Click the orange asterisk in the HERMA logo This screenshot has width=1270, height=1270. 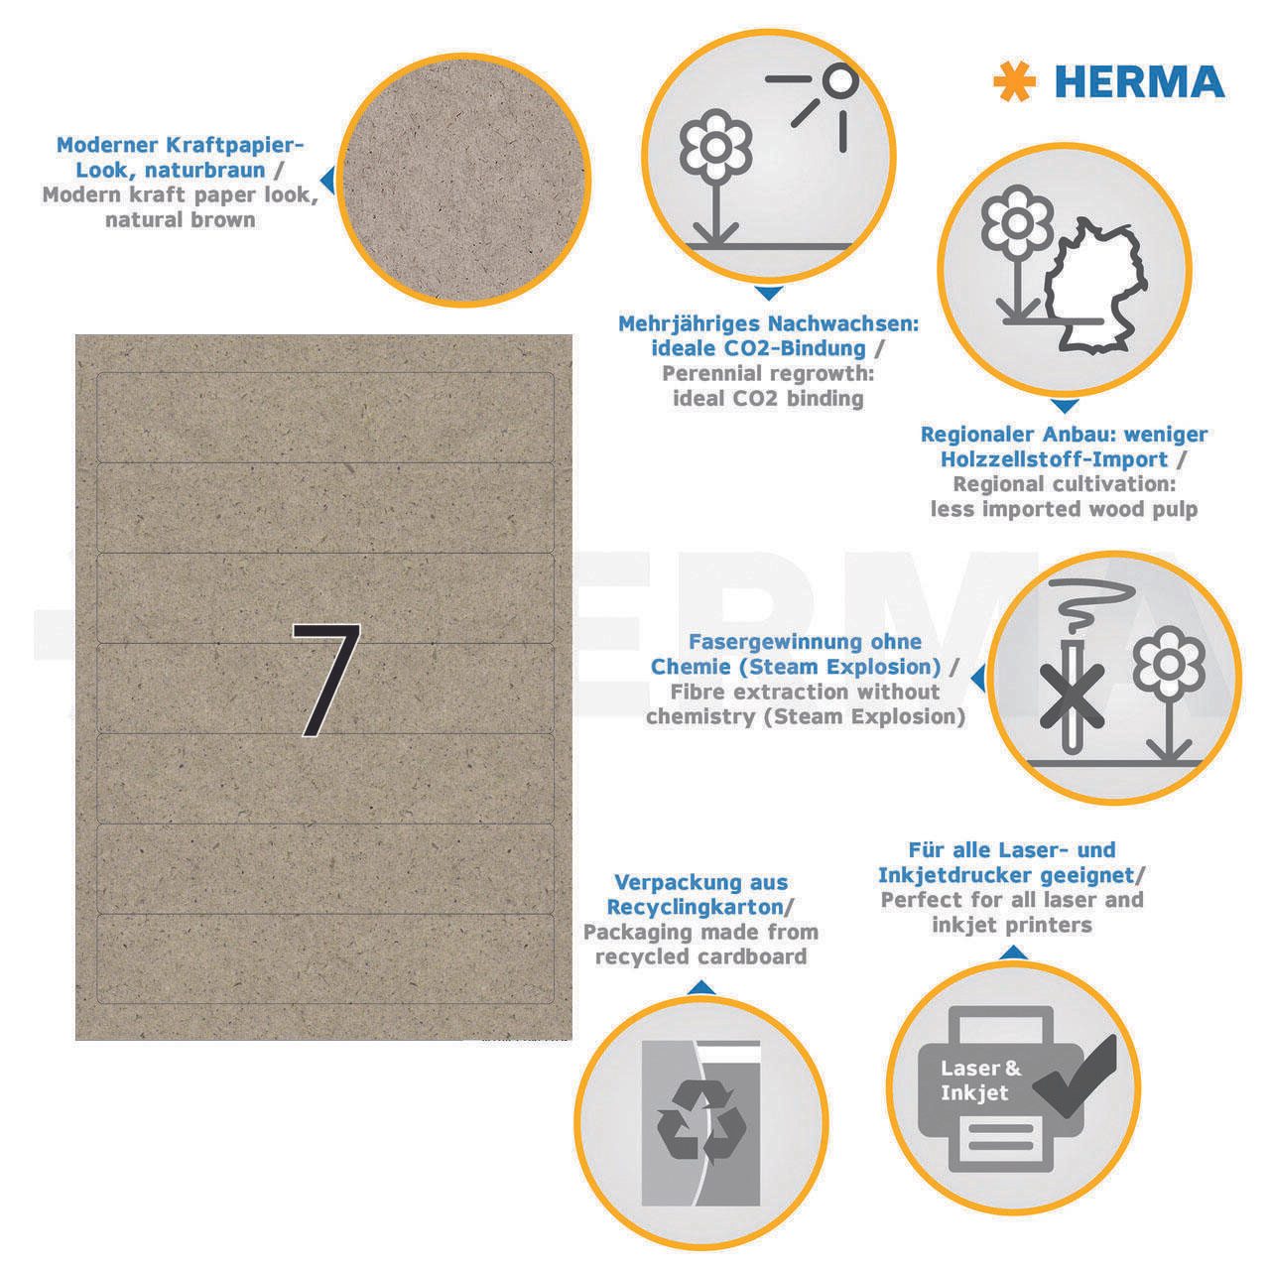point(1014,81)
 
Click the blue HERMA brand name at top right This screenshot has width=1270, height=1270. point(1139,82)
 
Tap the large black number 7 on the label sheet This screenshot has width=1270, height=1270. point(326,680)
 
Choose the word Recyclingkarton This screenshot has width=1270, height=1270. point(696,907)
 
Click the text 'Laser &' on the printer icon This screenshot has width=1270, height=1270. point(980,1068)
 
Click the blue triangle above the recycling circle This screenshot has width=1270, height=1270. point(701,987)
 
